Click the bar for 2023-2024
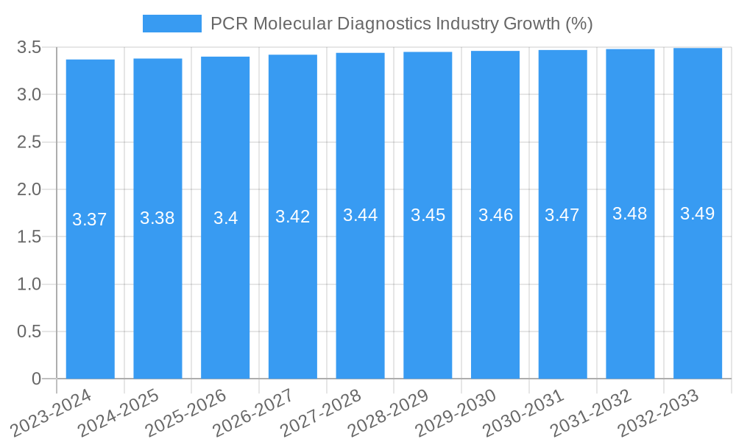[90, 295]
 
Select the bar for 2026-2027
[293, 295]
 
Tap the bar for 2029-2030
[495, 295]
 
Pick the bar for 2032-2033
[698, 295]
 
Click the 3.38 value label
[158, 218]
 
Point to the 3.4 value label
[225, 218]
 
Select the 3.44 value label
[360, 215]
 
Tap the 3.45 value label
[428, 215]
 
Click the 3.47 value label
[562, 215]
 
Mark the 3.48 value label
[630, 214]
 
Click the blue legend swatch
[171, 24]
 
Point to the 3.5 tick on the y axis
[29, 48]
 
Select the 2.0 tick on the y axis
[29, 189]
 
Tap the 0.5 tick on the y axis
[29, 331]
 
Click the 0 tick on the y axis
[36, 379]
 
